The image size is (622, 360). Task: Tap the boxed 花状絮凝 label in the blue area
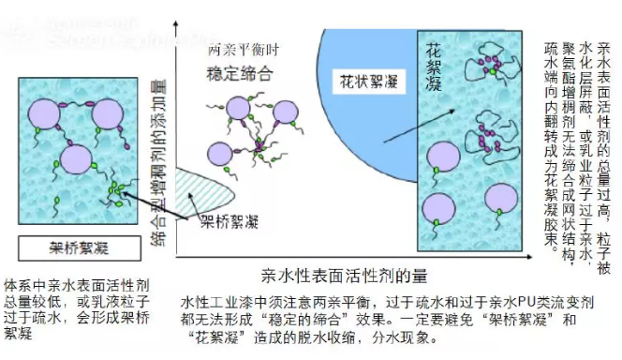point(367,82)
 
